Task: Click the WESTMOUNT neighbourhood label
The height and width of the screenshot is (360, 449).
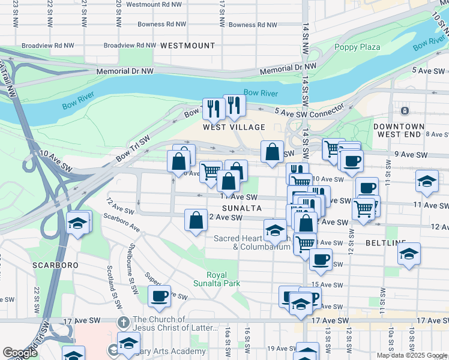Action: (187, 46)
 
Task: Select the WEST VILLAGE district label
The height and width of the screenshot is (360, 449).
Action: (234, 127)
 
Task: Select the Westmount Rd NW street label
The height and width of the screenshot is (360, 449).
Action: (154, 4)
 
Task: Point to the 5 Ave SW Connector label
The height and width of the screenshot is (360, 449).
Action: (309, 112)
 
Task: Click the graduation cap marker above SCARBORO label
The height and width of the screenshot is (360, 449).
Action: (77, 224)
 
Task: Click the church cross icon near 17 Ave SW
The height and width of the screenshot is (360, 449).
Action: (123, 322)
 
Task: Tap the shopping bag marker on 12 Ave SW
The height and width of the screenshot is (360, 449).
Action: (196, 220)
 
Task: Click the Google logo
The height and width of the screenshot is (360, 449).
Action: (20, 353)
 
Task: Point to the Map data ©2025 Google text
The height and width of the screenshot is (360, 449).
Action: (411, 355)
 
